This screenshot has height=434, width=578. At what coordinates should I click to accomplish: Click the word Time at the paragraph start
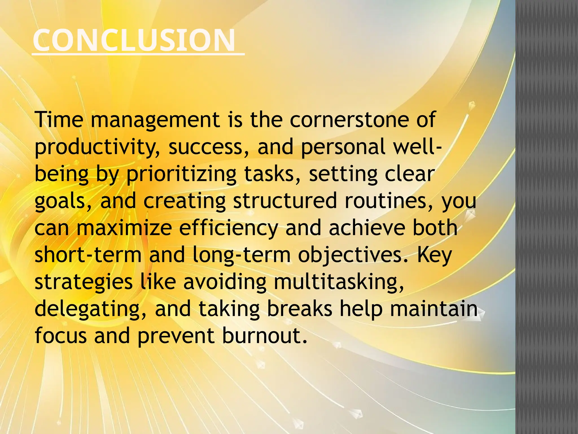59,120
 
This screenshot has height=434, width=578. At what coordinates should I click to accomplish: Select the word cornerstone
349,120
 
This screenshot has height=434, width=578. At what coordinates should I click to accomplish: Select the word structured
285,201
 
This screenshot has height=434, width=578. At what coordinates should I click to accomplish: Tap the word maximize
124,228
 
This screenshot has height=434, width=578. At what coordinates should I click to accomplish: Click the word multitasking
339,282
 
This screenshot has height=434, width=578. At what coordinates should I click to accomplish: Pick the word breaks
299,309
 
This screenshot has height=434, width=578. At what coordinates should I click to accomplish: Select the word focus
61,336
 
